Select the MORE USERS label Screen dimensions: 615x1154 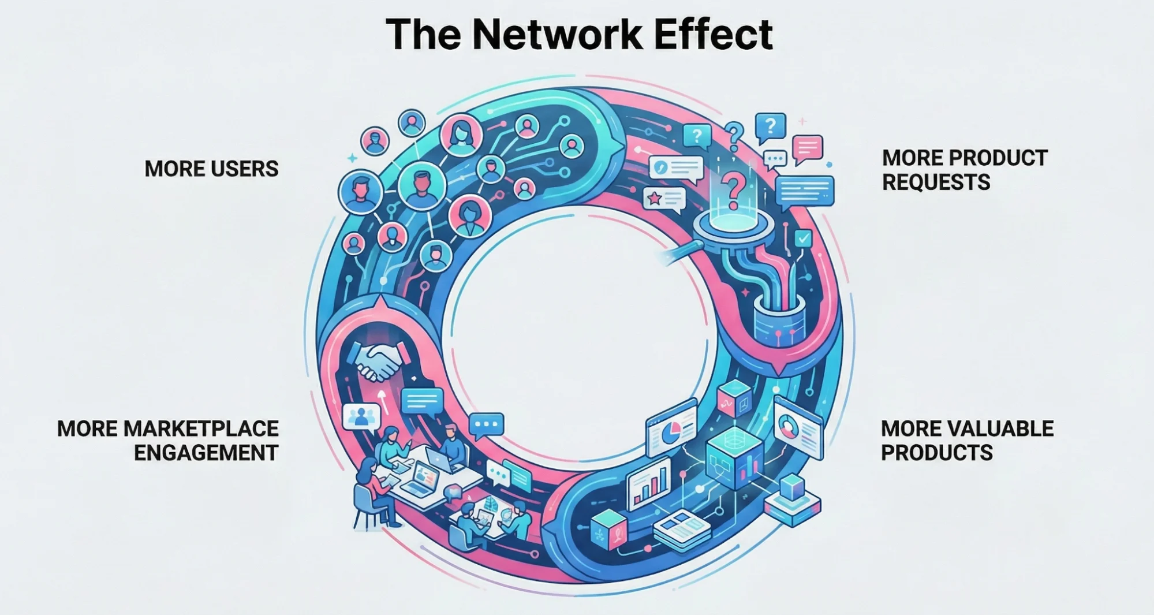pos(211,169)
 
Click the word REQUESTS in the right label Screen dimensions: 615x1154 pos(936,182)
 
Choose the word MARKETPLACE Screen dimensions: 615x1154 pos(201,428)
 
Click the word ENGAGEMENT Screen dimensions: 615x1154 pos(206,453)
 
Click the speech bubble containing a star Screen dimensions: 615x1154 pos(664,199)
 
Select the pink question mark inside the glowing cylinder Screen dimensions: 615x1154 pos(733,191)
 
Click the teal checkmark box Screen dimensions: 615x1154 pos(803,237)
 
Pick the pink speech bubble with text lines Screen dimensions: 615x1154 pos(807,148)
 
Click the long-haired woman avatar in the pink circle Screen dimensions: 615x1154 pos(461,134)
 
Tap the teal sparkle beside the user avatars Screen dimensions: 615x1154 pos(352,158)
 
